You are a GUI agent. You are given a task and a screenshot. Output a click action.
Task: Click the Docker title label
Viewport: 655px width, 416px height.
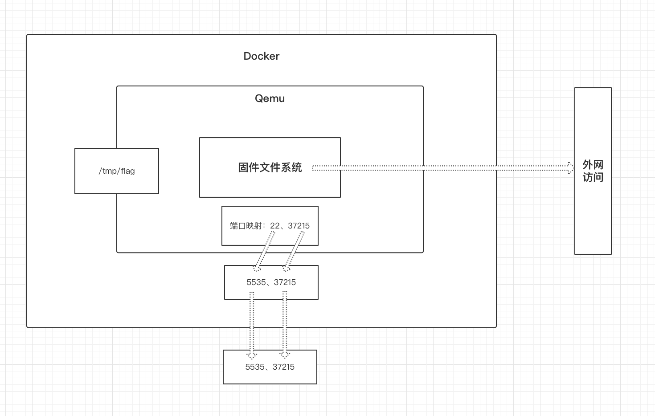pyautogui.click(x=261, y=56)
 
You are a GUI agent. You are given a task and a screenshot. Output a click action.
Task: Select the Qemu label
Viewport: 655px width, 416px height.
pyautogui.click(x=270, y=98)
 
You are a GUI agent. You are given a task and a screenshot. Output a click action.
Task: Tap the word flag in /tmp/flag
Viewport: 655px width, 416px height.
pyautogui.click(x=127, y=171)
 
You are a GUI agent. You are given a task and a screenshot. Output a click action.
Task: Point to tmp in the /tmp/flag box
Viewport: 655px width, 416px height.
pyautogui.click(x=110, y=171)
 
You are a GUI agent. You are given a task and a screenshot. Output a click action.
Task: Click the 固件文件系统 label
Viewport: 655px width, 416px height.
pyautogui.click(x=270, y=167)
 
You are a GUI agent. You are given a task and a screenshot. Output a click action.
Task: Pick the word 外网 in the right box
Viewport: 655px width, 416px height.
pyautogui.click(x=593, y=165)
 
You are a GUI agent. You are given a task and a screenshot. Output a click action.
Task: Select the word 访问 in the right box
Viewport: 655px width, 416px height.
pyautogui.click(x=593, y=177)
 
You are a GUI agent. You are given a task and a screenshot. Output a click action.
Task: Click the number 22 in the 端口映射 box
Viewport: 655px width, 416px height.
pyautogui.click(x=274, y=226)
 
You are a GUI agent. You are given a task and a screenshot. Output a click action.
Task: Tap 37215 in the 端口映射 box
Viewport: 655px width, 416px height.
pyautogui.click(x=299, y=226)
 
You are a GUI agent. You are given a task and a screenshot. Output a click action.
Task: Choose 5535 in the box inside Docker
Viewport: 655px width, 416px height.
pyautogui.click(x=256, y=282)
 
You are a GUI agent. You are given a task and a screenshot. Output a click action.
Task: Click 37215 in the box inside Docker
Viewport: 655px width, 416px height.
pyautogui.click(x=285, y=282)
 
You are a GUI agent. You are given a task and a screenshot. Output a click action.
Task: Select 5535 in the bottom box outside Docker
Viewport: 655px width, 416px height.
pyautogui.click(x=255, y=367)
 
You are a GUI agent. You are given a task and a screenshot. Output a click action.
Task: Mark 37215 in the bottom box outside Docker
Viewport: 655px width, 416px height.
pyautogui.click(x=283, y=367)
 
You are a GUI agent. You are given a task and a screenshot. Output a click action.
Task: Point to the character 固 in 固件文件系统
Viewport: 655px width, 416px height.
pyautogui.click(x=243, y=167)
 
